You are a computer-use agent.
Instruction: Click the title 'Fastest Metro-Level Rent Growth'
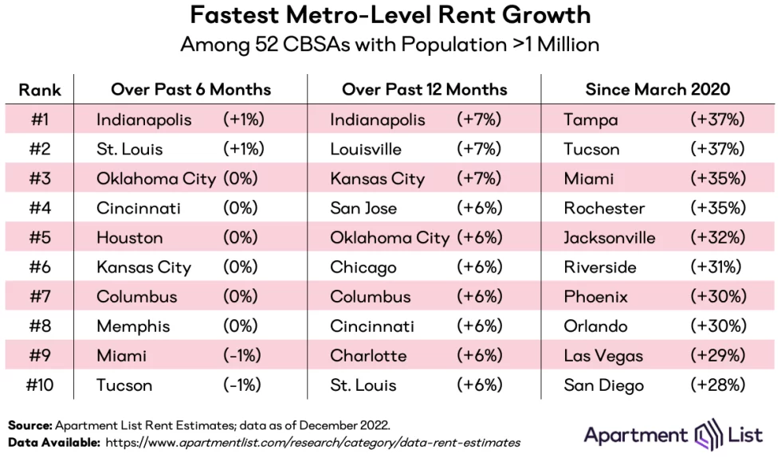pyautogui.click(x=390, y=15)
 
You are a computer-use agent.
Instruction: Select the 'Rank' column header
pyautogui.click(x=39, y=89)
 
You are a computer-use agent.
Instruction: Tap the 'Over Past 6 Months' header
pyautogui.click(x=190, y=89)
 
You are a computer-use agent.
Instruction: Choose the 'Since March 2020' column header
pyautogui.click(x=657, y=89)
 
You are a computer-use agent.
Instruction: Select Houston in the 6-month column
pyautogui.click(x=129, y=237)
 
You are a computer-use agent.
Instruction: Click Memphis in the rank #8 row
pyautogui.click(x=133, y=326)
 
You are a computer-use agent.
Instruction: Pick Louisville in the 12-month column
pyautogui.click(x=366, y=149)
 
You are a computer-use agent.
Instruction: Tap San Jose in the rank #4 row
pyautogui.click(x=363, y=208)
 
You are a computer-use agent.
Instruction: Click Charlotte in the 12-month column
pyautogui.click(x=368, y=355)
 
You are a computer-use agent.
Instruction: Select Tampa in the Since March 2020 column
pyautogui.click(x=590, y=119)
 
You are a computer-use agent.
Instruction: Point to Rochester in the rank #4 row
pyautogui.click(x=604, y=208)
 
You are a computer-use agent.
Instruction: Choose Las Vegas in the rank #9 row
pyautogui.click(x=602, y=355)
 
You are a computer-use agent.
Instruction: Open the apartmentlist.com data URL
pyautogui.click(x=312, y=442)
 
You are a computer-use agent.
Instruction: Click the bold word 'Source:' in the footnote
pyautogui.click(x=29, y=426)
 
